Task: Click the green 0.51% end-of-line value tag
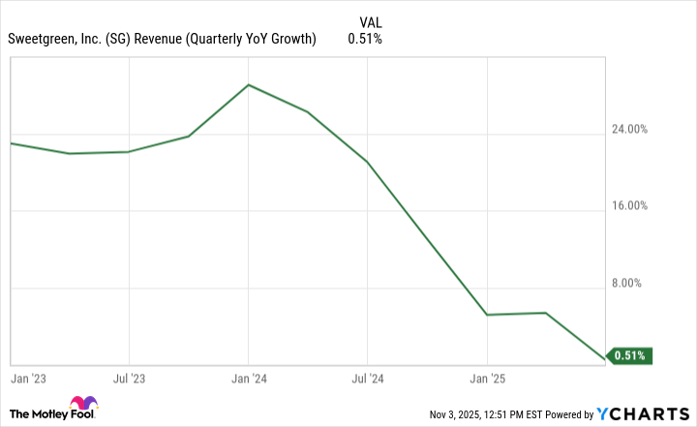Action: point(629,355)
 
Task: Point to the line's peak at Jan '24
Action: point(249,85)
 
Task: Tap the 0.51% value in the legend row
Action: point(365,39)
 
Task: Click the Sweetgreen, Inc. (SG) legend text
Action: point(163,39)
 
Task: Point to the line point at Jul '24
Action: point(367,162)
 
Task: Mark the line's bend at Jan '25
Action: point(486,315)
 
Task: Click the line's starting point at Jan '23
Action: point(11,143)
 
